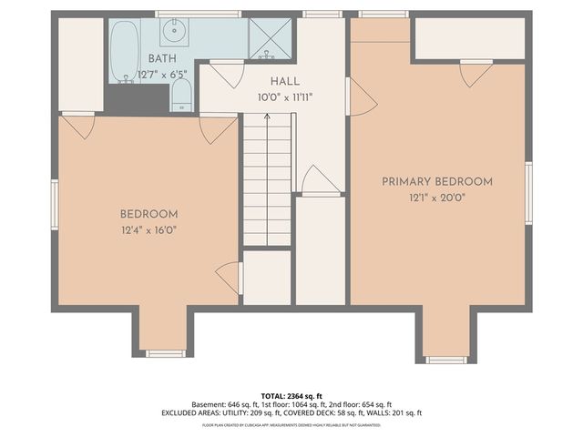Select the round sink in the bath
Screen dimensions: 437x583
tap(174, 33)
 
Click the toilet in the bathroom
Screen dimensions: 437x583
tap(181, 94)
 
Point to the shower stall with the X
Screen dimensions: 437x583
tap(271, 38)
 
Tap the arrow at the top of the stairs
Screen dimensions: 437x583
tap(267, 117)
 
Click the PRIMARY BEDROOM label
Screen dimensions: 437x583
tap(437, 181)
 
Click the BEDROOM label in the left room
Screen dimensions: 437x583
tap(148, 214)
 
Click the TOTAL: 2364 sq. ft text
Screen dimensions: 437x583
tap(291, 395)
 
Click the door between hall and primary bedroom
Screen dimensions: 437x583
tap(360, 97)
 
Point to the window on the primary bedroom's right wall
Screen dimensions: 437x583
tap(528, 192)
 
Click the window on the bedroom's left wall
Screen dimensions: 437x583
tap(54, 204)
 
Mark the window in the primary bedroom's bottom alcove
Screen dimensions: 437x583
tap(446, 360)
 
